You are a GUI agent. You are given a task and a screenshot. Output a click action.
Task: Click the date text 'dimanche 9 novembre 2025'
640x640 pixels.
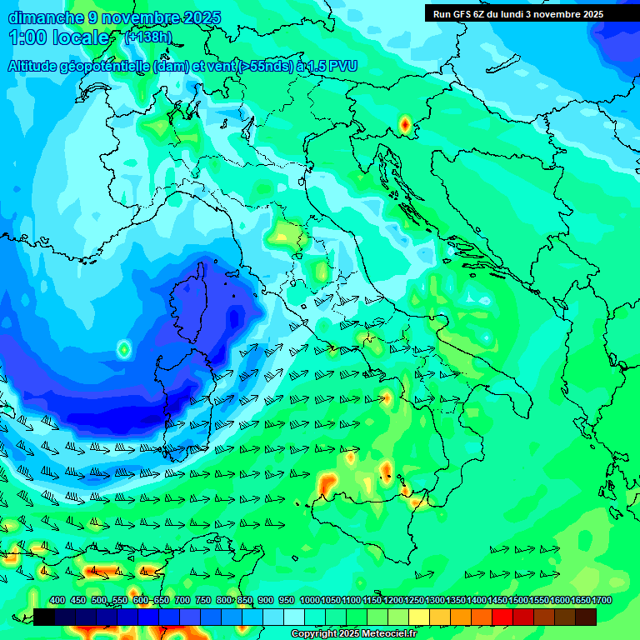[x=114, y=17]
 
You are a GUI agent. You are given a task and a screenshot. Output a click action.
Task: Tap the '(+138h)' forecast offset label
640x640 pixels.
[x=148, y=37]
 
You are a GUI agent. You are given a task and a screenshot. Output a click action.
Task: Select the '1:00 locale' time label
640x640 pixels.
[x=59, y=37]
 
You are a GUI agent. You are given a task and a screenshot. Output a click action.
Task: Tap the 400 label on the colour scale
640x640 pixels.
[x=57, y=600]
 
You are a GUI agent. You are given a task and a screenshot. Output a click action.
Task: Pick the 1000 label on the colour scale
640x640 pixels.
[x=309, y=600]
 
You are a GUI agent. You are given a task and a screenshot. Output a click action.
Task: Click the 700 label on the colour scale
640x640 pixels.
[x=182, y=600]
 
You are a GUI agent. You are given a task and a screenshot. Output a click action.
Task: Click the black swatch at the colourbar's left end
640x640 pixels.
[x=44, y=617]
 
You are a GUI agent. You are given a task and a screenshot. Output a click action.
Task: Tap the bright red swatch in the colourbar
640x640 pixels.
[x=502, y=617]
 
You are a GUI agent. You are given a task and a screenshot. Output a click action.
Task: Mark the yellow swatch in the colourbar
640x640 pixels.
[x=419, y=617]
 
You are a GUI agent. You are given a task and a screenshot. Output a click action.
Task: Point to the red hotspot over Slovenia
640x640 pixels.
[x=404, y=125]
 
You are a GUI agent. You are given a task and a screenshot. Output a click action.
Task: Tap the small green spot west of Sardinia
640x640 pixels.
[x=123, y=349]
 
